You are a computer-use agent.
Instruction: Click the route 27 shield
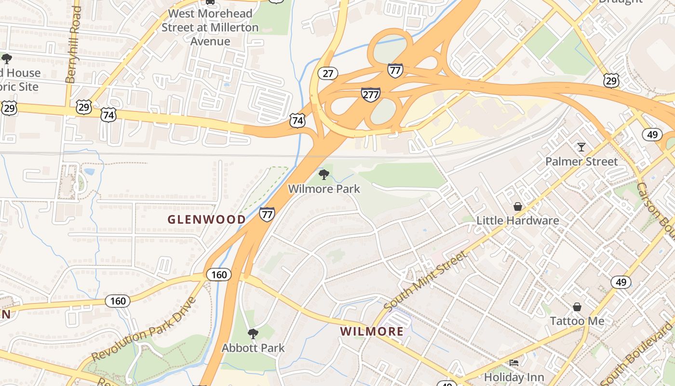click(328, 73)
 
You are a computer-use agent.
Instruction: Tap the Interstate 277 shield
click(370, 95)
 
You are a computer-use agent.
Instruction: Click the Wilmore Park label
click(324, 189)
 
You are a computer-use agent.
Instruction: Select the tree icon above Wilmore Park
click(324, 174)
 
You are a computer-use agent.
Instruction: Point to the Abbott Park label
click(253, 348)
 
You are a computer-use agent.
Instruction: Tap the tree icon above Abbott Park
click(253, 333)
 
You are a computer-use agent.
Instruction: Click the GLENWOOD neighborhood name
click(206, 220)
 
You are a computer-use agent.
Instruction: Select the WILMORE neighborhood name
click(372, 331)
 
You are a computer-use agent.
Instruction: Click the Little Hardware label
click(518, 221)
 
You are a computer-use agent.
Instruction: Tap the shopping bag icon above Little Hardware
click(518, 207)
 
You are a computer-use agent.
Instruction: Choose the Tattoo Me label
click(577, 321)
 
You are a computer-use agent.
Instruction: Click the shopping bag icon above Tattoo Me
click(577, 307)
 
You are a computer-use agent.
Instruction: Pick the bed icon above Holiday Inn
click(514, 363)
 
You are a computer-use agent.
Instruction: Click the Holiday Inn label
click(514, 377)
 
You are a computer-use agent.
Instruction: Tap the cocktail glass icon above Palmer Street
click(581, 147)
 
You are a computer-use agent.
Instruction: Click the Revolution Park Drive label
click(144, 329)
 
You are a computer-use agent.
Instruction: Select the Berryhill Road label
click(73, 44)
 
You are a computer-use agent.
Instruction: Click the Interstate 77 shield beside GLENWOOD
click(267, 214)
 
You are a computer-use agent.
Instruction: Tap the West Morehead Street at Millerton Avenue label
click(210, 28)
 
